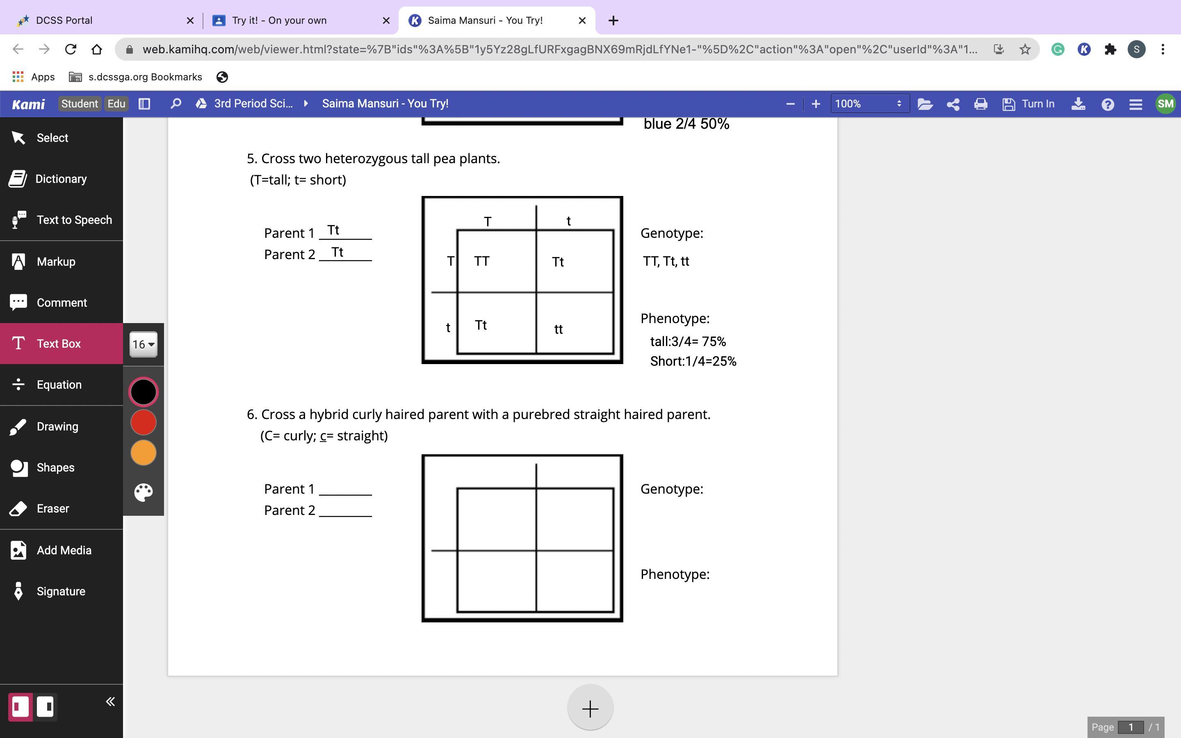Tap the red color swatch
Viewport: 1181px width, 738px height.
click(143, 422)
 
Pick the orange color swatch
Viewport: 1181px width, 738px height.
click(143, 453)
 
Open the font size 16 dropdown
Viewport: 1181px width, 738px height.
click(143, 344)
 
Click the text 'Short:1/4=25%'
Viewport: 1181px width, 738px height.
click(693, 361)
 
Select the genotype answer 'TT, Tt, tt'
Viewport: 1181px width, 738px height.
click(666, 261)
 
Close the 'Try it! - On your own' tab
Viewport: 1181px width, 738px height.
click(386, 20)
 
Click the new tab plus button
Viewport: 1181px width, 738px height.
click(613, 20)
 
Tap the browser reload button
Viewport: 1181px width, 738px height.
click(71, 49)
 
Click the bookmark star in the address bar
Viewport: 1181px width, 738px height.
click(1025, 49)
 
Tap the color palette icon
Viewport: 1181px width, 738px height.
click(143, 492)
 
